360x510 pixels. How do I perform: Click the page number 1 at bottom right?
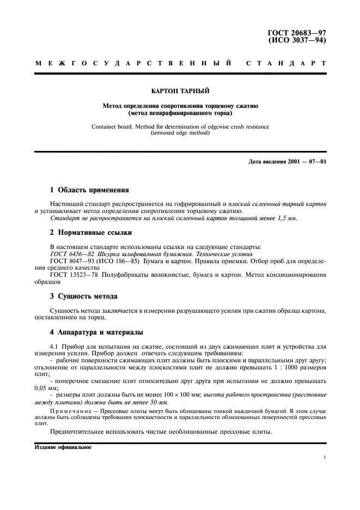click(x=325, y=458)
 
